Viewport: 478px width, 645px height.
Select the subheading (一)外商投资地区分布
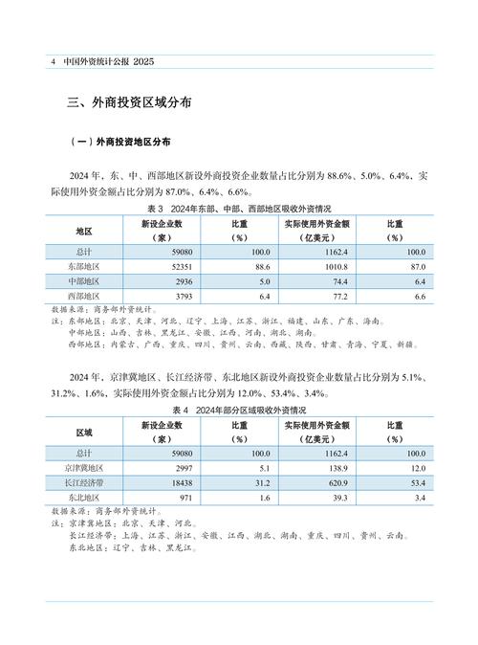tap(121, 143)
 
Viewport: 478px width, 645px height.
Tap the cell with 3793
tap(184, 299)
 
